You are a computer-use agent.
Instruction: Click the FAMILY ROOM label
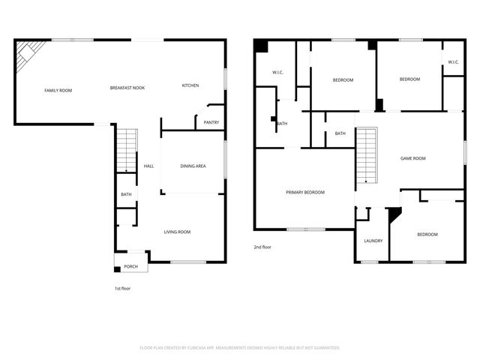[x=58, y=91]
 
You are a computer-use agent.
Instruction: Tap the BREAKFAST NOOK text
[x=127, y=88]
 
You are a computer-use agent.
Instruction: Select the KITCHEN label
[x=190, y=85]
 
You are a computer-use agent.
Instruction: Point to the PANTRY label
[x=211, y=122]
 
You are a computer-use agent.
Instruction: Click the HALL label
[x=148, y=166]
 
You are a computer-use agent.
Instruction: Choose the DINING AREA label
[x=193, y=166]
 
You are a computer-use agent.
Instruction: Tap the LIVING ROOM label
[x=177, y=232]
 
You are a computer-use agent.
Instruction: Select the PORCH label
[x=130, y=266]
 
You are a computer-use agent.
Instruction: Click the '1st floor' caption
[x=122, y=288]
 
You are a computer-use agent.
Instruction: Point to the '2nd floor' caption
[x=262, y=246]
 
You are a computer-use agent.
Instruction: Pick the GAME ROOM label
[x=412, y=158]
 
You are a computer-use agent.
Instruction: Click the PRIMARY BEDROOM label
[x=305, y=193]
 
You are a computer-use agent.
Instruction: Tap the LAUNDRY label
[x=373, y=241]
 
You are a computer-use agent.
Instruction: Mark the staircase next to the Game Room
[x=365, y=154]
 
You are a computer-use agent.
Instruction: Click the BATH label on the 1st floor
[x=126, y=195]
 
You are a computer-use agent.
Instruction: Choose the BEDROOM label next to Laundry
[x=427, y=235]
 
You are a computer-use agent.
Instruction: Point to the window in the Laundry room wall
[x=369, y=262]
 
